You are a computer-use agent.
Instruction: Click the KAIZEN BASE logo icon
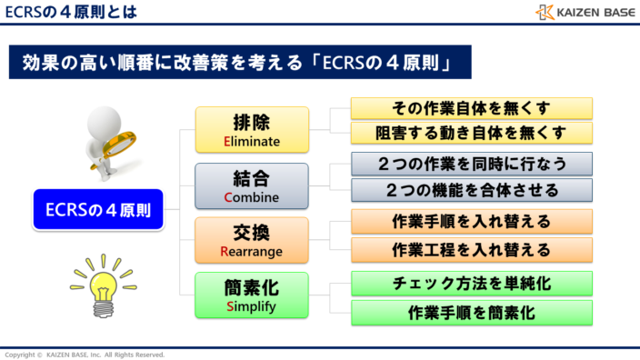click(544, 12)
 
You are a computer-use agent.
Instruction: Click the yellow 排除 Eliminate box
click(252, 129)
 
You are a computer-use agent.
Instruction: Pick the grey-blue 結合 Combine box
click(252, 185)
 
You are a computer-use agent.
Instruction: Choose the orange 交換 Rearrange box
click(252, 240)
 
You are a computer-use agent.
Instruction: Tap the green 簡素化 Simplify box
click(252, 295)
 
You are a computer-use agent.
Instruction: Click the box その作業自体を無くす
click(471, 108)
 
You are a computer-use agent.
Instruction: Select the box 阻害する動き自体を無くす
click(471, 134)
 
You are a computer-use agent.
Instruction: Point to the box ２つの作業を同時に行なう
click(471, 164)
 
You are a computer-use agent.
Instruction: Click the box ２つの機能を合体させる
click(471, 190)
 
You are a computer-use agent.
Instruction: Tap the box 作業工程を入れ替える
click(471, 249)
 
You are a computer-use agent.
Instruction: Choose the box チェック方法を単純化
click(471, 283)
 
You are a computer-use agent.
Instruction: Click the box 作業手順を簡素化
click(471, 313)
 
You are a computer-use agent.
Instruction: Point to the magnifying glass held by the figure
click(122, 142)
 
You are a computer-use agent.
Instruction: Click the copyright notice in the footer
click(85, 354)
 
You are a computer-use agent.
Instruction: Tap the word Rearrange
click(252, 251)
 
